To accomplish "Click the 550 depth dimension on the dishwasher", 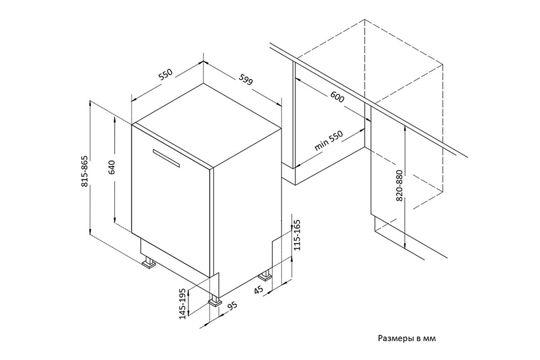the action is pos(166,75).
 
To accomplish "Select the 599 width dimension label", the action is pos(246,80).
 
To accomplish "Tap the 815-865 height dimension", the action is pos(84,171).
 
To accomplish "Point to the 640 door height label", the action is pos(112,167).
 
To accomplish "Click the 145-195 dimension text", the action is pos(183,303).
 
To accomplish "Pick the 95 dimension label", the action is pos(233,306).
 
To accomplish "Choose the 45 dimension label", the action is pos(258,289).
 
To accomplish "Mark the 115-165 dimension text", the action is pos(297,235).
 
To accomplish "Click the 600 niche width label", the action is pos(337,97).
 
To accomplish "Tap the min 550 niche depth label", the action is pos(328,140).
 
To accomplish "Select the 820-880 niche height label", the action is pos(400,185).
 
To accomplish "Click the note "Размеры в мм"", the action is pos(407,338).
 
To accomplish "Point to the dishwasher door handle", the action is pos(166,158).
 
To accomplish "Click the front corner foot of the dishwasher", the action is pos(215,301).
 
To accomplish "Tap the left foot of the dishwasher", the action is pos(149,263).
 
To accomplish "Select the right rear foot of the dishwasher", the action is pos(265,276).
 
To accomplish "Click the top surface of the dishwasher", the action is pos(206,125).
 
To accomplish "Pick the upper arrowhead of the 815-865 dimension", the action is pos(90,103).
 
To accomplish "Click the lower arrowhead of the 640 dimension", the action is pos(115,220).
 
